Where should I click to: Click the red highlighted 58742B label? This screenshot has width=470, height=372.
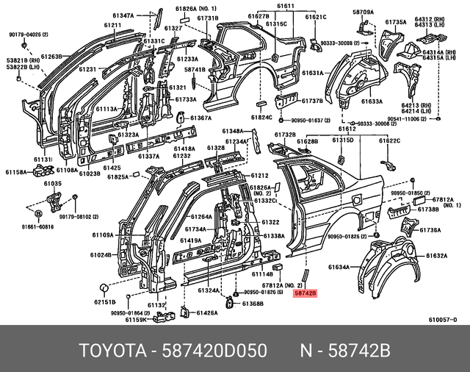coord(305,293)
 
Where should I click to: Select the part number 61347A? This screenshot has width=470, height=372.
coord(123,15)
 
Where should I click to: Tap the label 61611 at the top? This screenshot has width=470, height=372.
coord(285,6)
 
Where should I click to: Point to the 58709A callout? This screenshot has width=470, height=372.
coord(362,12)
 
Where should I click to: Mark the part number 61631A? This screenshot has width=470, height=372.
coord(312,73)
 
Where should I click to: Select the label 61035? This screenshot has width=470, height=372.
coord(52,183)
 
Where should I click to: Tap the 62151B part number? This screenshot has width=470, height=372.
coord(104,301)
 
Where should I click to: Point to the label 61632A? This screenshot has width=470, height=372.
coord(435,256)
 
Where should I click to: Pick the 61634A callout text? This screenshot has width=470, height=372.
coord(339,268)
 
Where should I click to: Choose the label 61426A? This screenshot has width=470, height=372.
coord(205,313)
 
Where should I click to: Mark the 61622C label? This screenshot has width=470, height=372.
coord(388,140)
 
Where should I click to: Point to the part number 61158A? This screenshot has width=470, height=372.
coord(14,172)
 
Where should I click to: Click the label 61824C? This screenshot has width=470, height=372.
coord(261,117)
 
